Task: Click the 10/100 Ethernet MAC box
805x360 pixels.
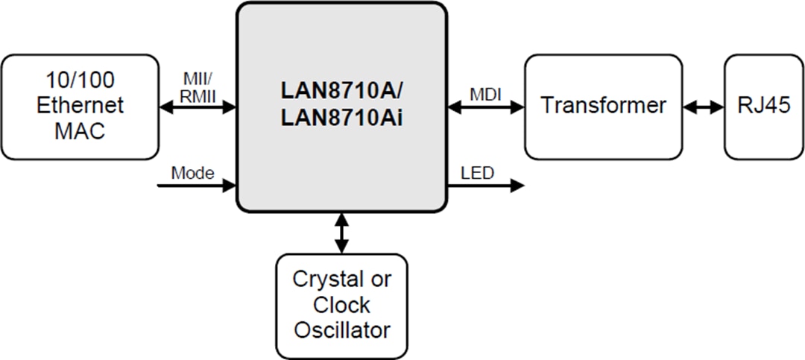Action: [x=80, y=107]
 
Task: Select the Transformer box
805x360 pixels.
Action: [x=603, y=107]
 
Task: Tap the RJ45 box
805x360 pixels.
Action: [x=763, y=107]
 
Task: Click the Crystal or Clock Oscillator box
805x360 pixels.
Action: [x=341, y=306]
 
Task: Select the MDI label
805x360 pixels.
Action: [x=485, y=94]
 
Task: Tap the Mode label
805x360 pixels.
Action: [x=192, y=173]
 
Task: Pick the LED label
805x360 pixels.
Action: [x=477, y=173]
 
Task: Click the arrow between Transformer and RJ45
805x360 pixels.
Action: [x=704, y=107]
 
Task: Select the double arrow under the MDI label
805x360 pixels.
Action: [x=486, y=107]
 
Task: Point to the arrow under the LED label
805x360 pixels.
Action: [x=486, y=186]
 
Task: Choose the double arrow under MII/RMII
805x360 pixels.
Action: [x=198, y=107]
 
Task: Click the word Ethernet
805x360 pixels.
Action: [x=80, y=106]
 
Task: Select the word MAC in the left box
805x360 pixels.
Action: [x=80, y=131]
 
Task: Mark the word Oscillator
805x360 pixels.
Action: [x=341, y=329]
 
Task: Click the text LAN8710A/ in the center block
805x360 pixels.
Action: [x=341, y=90]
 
